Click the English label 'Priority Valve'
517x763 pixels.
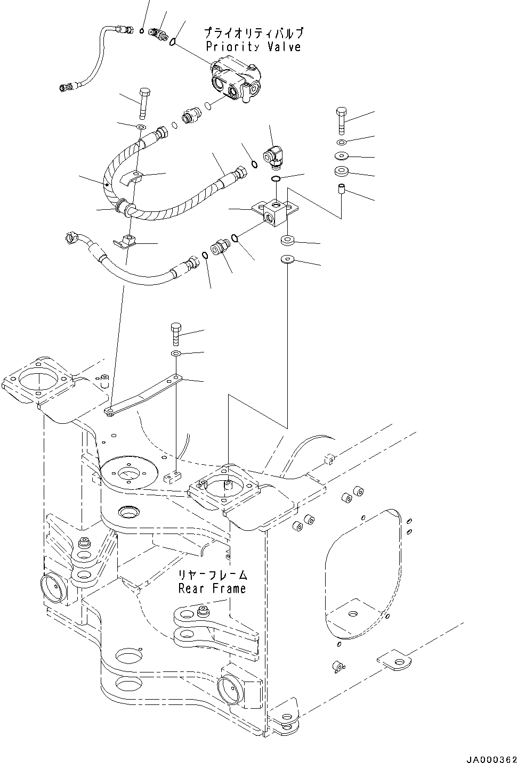point(253,47)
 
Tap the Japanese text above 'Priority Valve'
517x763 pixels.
point(254,34)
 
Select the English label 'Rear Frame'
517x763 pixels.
point(212,588)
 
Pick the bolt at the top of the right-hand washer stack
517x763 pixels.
point(342,120)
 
